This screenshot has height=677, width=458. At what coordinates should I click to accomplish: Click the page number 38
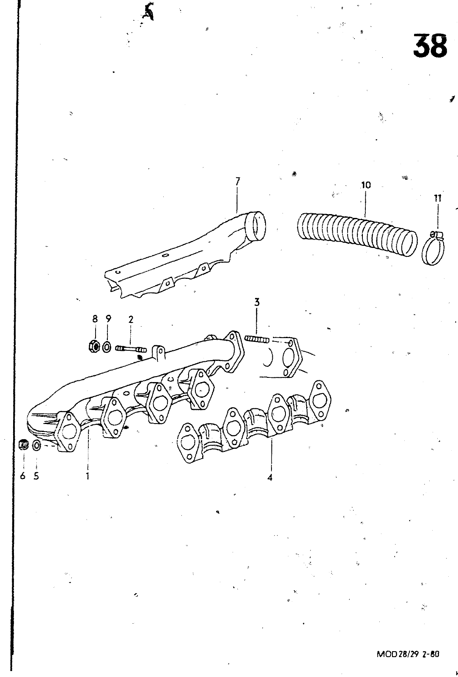coord(430,46)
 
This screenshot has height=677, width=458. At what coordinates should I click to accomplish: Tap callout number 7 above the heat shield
coord(238,182)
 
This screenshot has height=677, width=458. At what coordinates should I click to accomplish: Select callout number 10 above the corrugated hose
coord(366,185)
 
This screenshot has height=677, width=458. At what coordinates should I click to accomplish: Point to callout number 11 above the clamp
coord(437,198)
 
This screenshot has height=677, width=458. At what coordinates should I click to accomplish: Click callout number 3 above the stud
coord(257,302)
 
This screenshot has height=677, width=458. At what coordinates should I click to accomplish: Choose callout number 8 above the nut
coord(95,319)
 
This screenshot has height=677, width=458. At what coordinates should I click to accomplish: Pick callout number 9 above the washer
coord(108,319)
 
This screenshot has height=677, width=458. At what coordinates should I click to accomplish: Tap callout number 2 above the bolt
coord(131,319)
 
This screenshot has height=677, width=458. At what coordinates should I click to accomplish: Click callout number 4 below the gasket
coord(270,478)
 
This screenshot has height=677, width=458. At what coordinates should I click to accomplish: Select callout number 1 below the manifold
coord(88,476)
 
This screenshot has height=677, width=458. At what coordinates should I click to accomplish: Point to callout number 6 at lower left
coord(23,476)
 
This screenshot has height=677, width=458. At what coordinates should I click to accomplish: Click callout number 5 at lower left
coord(36,476)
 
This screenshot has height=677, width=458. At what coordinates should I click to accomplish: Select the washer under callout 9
coord(107,347)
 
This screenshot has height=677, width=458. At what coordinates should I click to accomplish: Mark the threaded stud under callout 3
coord(256,339)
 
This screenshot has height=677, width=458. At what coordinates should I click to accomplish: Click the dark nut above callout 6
coord(23,445)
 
